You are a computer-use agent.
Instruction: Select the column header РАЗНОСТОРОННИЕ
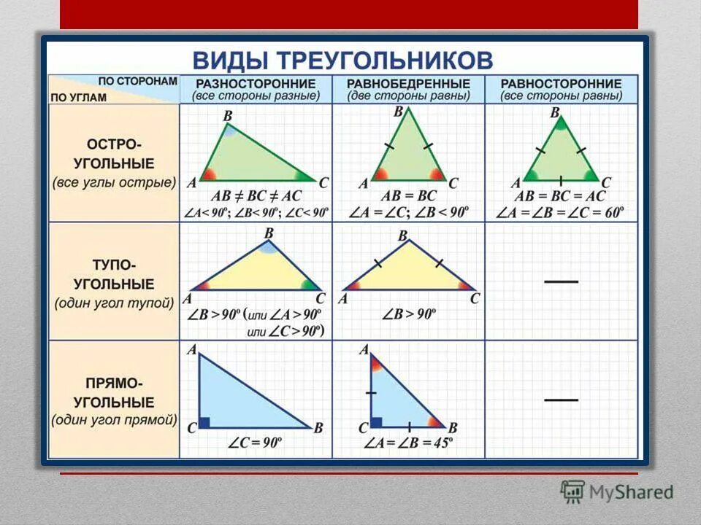[256, 84]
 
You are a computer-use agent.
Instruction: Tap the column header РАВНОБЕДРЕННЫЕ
[408, 84]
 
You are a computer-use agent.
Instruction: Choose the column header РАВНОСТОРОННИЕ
[562, 84]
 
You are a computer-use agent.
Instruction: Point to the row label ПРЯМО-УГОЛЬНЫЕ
[114, 393]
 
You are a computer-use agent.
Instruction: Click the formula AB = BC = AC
[560, 196]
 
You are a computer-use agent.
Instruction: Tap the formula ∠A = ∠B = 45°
[409, 443]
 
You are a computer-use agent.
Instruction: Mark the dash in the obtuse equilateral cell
[561, 281]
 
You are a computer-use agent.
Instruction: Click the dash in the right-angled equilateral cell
[561, 399]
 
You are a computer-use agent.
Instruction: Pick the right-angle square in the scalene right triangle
[205, 422]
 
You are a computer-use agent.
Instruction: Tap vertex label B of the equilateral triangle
[555, 112]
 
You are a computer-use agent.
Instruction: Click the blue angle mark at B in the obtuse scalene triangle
[268, 247]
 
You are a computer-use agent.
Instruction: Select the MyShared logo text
[630, 492]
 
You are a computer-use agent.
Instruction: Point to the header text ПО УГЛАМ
[79, 97]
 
